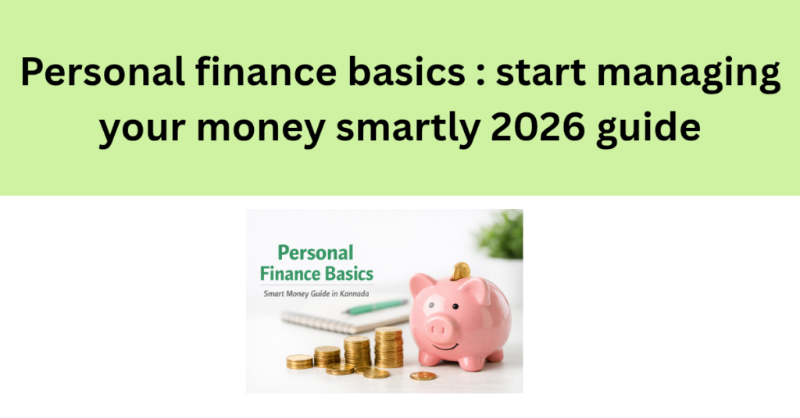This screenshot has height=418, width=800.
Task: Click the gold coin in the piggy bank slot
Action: (x=461, y=270)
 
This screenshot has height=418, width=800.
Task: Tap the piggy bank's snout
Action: (x=443, y=325)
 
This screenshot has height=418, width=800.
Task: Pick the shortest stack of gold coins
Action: (x=299, y=361)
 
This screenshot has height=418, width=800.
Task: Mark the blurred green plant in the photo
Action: (x=504, y=234)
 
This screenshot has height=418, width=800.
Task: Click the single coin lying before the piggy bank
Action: (x=423, y=376)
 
